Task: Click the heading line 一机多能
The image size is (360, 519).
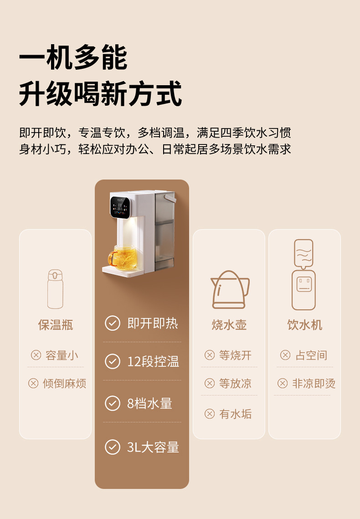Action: [x=73, y=57]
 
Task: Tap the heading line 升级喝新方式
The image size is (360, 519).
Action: [x=100, y=94]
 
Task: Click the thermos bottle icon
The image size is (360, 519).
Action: [x=55, y=289]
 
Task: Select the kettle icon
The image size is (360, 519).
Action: [x=230, y=290]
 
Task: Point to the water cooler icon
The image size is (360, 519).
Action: [x=304, y=275]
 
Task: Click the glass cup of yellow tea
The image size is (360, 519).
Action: [x=123, y=257]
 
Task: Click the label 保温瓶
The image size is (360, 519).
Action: [x=56, y=325]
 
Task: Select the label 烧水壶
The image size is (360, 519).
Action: [x=229, y=325]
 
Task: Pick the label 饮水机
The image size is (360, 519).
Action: [x=305, y=325]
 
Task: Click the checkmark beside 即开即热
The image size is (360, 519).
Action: [x=113, y=323]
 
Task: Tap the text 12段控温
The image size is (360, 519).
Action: [x=153, y=361]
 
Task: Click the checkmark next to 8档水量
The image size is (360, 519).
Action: [x=113, y=403]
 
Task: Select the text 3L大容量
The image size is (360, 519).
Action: [x=153, y=447]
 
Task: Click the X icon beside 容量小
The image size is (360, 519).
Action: [x=36, y=355]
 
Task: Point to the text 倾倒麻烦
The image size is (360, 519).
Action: [x=65, y=383]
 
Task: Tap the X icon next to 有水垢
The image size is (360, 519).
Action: [x=210, y=414]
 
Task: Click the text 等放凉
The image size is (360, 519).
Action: [x=235, y=383]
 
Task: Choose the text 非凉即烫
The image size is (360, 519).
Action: [x=314, y=383]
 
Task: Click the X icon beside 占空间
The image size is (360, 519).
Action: [x=285, y=355]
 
